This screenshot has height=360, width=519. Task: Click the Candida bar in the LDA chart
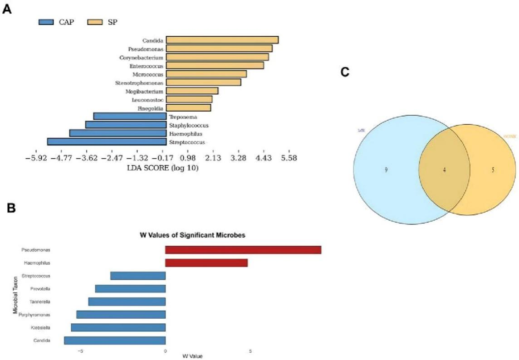222,40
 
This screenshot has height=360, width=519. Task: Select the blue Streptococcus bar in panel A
107,142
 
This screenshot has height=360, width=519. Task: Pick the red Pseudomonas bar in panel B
243,250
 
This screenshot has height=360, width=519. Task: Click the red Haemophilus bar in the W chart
206,263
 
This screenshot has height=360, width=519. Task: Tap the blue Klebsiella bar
118,327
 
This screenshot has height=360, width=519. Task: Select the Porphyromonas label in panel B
34,315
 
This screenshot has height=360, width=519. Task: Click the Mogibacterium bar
192,91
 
